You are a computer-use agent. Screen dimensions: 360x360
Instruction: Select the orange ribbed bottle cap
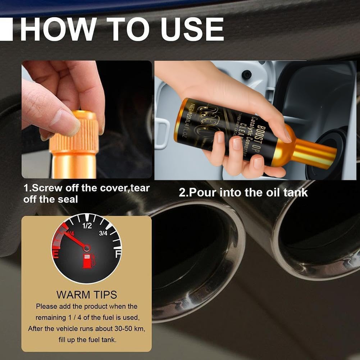click(74, 132)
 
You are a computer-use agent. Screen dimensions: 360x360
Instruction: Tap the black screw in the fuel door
click(246, 74)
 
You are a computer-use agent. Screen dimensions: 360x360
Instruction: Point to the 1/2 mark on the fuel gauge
click(87, 226)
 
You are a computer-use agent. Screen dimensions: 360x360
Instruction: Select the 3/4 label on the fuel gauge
click(103, 233)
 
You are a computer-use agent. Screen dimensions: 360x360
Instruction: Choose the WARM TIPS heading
click(86, 295)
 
